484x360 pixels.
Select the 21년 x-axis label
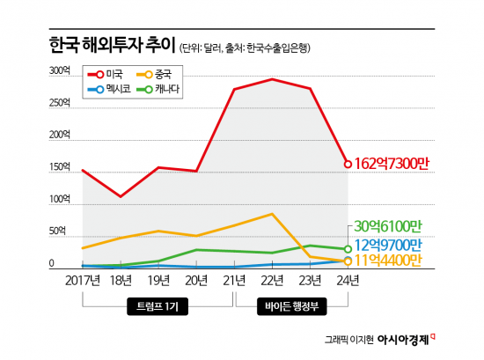[x=234, y=281]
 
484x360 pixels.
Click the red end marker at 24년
[x=348, y=164]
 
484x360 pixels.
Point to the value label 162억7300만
[x=392, y=164]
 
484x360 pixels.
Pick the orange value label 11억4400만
[x=387, y=261]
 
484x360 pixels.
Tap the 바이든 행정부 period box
[x=292, y=307]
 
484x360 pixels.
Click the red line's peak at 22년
[x=272, y=79]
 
